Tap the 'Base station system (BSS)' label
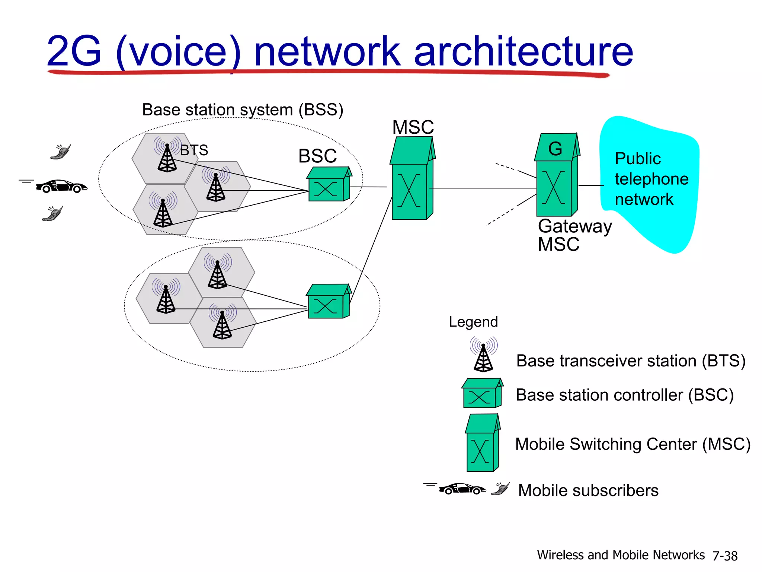(243, 110)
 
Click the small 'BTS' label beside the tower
(194, 150)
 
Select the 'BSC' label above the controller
(317, 156)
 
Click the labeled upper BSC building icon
(327, 185)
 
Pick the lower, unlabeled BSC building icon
(327, 302)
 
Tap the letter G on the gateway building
(555, 149)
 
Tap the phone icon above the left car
(61, 152)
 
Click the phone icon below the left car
(53, 214)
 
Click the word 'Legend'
(473, 322)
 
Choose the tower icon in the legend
(483, 355)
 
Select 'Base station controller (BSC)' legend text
(624, 395)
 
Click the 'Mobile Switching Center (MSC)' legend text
(633, 444)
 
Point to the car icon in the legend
(461, 489)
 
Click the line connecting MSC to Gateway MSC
(484, 188)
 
